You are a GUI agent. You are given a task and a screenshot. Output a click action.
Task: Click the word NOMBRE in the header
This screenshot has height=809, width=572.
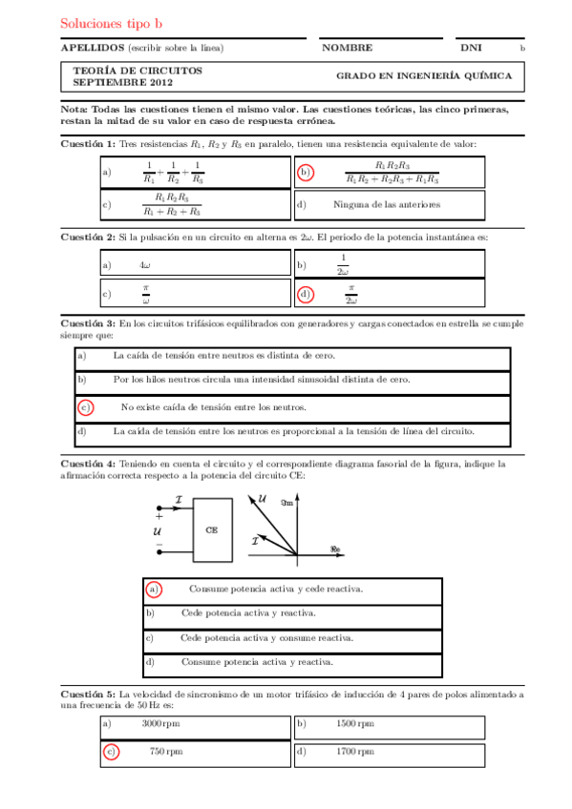347,48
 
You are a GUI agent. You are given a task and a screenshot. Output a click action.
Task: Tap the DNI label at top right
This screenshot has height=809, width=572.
471,48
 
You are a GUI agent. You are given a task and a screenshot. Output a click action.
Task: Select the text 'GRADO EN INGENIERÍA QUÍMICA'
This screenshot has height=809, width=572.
423,76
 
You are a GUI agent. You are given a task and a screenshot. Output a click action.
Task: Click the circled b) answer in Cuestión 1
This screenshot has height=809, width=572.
305,173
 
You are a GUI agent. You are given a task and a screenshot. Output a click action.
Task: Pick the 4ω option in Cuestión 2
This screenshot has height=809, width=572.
144,264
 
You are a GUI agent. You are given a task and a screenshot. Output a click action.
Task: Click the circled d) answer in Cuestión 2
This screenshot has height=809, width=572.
305,295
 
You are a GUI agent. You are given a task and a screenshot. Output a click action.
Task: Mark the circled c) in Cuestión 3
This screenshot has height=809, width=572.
85,407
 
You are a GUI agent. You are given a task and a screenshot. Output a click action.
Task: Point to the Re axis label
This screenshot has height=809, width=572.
334,549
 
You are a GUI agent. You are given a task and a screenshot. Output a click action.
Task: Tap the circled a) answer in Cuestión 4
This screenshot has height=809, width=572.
153,589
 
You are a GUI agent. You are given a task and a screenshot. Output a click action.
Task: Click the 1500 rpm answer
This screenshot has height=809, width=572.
355,724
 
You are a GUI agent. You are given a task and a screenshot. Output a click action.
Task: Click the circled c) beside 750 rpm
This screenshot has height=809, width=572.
111,752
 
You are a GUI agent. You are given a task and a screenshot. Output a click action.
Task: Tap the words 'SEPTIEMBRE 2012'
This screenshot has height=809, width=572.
112,83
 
